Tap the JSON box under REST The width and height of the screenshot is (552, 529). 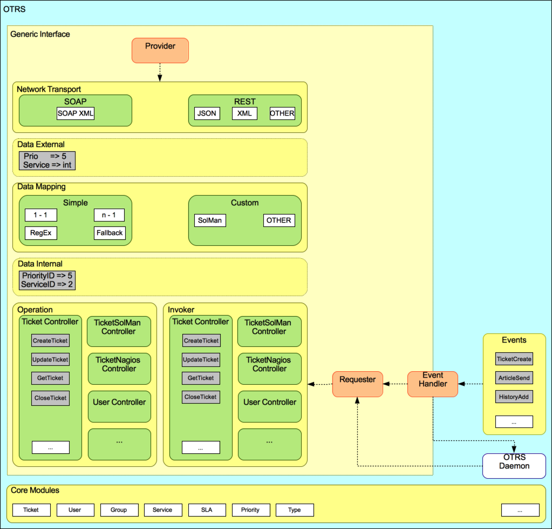207,113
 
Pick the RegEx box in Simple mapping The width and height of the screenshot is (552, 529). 40,233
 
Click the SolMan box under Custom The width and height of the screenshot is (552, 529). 209,220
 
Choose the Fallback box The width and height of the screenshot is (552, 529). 110,233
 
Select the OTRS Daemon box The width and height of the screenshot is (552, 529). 514,466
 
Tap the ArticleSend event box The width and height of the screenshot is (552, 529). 514,378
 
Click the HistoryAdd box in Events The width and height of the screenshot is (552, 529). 514,397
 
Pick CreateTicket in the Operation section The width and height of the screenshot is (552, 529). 50,341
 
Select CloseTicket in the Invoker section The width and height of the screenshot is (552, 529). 201,397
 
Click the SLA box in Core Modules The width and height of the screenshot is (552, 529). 207,510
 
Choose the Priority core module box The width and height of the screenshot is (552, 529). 250,510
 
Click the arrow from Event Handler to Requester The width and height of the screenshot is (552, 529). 395,384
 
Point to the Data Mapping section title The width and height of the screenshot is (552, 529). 42,187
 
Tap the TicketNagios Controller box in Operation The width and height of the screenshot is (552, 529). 119,364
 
